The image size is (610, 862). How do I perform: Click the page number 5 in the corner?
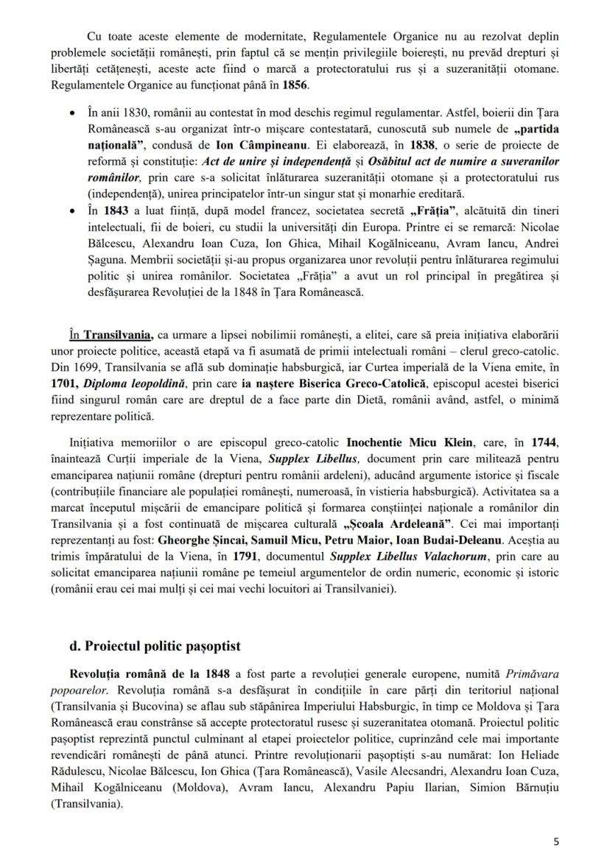pos(555,838)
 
